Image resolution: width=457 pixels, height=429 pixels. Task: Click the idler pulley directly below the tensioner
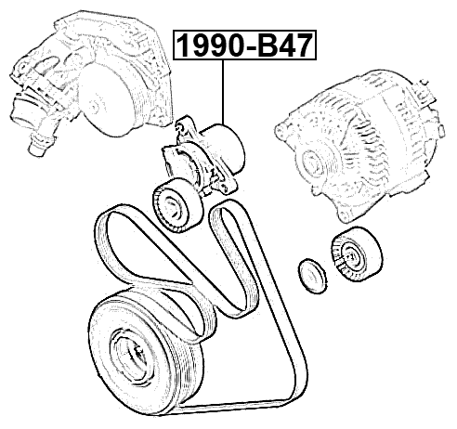174,203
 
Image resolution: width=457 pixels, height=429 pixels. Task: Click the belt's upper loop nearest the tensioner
223,219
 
